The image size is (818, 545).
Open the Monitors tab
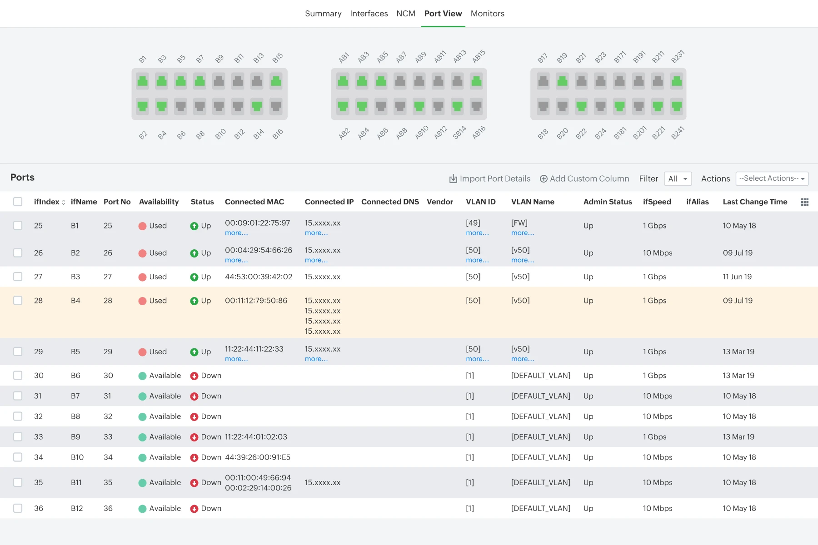point(487,14)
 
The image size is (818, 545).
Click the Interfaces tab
point(369,14)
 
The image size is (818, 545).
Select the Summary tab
point(323,14)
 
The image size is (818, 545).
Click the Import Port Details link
point(490,178)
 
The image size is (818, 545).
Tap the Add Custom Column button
point(584,178)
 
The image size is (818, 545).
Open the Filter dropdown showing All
point(678,178)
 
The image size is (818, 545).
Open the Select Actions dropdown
point(772,178)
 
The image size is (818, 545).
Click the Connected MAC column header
point(254,202)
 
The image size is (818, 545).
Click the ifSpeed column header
point(657,202)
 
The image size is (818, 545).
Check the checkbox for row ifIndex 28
point(18,300)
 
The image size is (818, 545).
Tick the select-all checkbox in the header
point(18,202)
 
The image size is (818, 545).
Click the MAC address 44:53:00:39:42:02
point(259,277)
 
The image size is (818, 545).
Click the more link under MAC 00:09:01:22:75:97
point(236,233)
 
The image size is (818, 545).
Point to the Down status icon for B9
point(194,437)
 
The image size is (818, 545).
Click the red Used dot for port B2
point(142,253)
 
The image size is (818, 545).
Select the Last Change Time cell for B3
point(737,277)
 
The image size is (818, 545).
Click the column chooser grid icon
point(804,202)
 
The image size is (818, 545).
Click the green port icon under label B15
point(276,81)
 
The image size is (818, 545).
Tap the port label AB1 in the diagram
point(344,58)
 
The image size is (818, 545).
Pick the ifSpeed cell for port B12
point(658,508)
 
